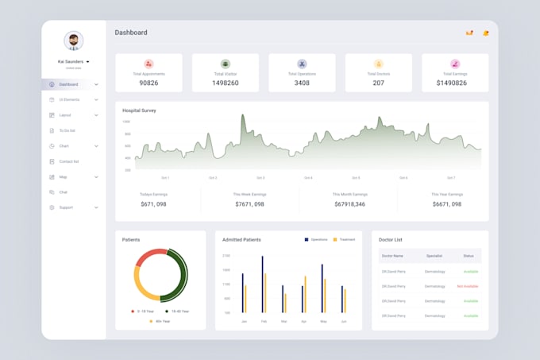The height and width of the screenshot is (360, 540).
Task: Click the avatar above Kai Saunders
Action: click(x=73, y=41)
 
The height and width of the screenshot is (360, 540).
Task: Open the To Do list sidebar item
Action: click(x=67, y=130)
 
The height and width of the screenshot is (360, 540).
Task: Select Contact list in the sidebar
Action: click(x=69, y=161)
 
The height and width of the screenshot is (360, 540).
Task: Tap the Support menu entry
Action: click(x=65, y=207)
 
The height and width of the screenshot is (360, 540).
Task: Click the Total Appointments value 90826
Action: click(x=148, y=83)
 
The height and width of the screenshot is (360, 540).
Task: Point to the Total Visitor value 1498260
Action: click(x=225, y=83)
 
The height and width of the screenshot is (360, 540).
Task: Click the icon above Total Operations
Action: click(x=302, y=64)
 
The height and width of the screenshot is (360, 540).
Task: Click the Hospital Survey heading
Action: click(x=139, y=110)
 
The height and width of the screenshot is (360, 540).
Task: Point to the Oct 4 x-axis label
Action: click(x=308, y=178)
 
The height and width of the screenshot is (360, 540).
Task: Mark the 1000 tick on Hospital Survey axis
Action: click(x=127, y=122)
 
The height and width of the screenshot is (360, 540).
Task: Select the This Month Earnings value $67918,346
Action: click(x=349, y=204)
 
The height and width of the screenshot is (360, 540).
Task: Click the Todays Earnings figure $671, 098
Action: click(x=153, y=204)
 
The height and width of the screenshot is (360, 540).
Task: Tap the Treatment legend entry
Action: click(x=345, y=239)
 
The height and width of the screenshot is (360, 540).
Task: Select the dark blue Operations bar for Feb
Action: click(x=262, y=284)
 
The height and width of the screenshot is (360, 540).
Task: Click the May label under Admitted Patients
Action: click(x=323, y=321)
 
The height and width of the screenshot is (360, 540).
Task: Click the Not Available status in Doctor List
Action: click(x=468, y=286)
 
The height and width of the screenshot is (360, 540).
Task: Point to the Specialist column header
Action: click(x=434, y=256)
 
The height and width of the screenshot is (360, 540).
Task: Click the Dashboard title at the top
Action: click(x=131, y=33)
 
